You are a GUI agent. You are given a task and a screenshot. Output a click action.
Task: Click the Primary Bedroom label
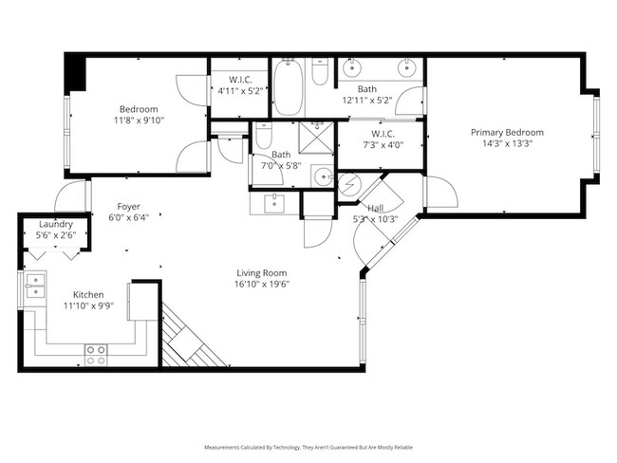[507, 133]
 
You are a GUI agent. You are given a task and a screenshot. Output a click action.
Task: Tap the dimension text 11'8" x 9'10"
[138, 121]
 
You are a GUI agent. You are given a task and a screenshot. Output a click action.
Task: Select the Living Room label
[262, 272]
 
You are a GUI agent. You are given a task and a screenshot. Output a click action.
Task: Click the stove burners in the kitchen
[96, 355]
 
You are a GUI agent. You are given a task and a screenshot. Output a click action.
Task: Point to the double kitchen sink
[34, 286]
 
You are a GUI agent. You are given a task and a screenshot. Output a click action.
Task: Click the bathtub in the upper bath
[288, 87]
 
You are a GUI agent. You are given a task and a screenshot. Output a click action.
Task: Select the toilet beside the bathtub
[320, 74]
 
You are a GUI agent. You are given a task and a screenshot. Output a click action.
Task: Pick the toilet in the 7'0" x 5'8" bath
[264, 135]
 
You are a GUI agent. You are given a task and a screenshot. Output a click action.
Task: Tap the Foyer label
[128, 206]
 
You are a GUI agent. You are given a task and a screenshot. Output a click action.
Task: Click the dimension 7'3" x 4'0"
[380, 145]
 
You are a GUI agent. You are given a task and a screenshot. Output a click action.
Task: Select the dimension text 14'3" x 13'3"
[507, 145]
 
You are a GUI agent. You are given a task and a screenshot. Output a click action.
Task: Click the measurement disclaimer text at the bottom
[308, 446]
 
